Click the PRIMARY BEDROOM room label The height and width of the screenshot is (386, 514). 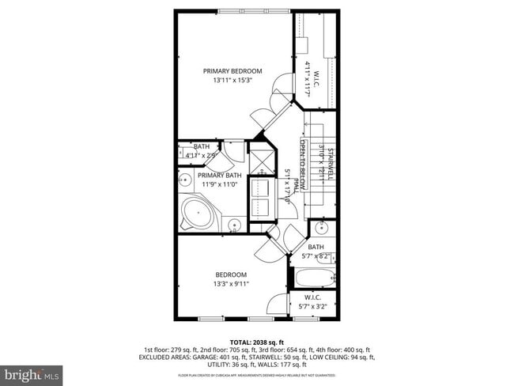(232, 71)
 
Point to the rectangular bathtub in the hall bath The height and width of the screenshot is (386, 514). (312, 278)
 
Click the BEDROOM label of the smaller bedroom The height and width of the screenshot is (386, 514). (231, 274)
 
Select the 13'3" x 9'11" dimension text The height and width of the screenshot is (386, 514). (231, 284)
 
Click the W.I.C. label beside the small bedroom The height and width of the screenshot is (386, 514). (312, 298)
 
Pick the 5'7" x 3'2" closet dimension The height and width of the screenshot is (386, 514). (312, 306)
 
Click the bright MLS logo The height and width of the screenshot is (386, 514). (32, 373)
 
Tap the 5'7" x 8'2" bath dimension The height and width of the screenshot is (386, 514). (316, 256)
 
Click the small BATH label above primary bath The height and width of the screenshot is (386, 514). (201, 146)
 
